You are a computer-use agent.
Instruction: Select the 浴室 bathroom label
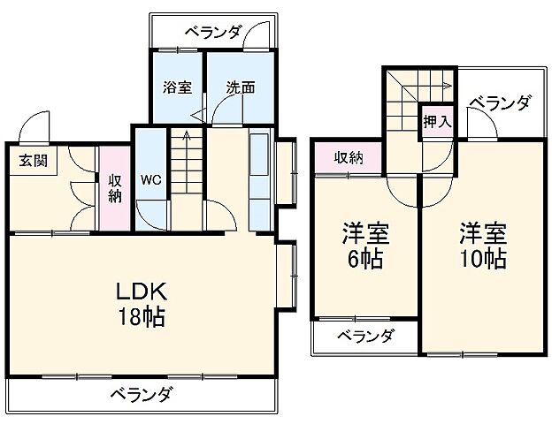click(x=177, y=87)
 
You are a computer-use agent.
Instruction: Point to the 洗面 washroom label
click(x=240, y=87)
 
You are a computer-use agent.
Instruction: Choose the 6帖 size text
click(x=364, y=260)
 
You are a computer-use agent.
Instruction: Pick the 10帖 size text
click(x=481, y=260)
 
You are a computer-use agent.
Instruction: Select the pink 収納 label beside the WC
click(x=114, y=187)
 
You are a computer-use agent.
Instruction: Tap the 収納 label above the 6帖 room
click(x=349, y=157)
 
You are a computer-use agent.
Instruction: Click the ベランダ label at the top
click(x=213, y=32)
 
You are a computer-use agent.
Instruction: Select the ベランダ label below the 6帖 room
click(x=364, y=337)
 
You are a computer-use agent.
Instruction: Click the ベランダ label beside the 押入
click(x=500, y=104)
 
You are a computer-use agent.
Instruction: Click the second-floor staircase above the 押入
click(x=416, y=89)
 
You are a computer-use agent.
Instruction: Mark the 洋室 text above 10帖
click(x=481, y=234)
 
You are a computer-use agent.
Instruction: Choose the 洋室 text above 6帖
click(x=364, y=234)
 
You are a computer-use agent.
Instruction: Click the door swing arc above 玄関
click(x=34, y=126)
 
